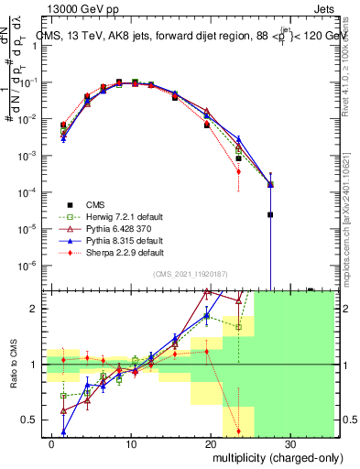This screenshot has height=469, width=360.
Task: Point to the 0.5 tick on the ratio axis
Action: (x=37, y=420)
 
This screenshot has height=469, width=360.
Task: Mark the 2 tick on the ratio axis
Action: (x=40, y=309)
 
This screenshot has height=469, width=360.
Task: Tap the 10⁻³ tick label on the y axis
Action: (x=35, y=156)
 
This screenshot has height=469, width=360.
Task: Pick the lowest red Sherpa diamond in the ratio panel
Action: (x=238, y=431)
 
